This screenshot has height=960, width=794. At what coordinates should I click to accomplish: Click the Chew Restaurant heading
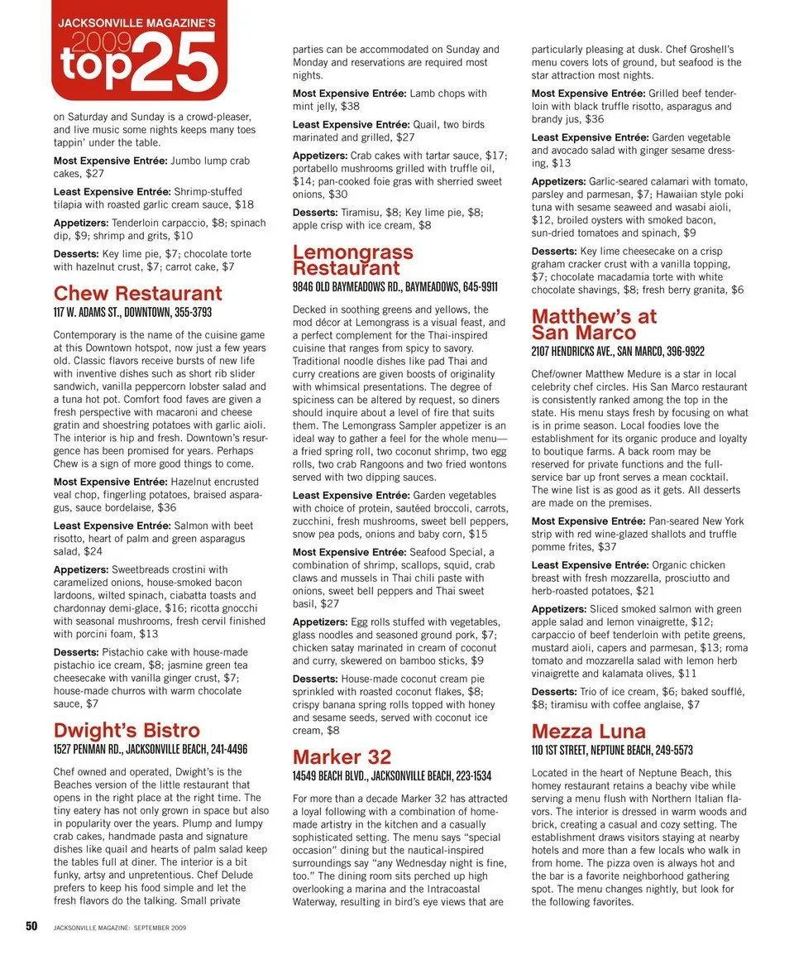click(x=137, y=294)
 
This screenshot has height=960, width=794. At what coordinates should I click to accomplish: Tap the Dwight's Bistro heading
click(x=127, y=731)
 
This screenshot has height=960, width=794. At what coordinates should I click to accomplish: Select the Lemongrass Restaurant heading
click(x=352, y=260)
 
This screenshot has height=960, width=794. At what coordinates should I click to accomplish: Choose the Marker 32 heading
click(x=342, y=757)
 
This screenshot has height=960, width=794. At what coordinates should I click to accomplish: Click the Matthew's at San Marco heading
click(x=594, y=324)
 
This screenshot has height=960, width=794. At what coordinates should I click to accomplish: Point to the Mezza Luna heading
click(x=588, y=732)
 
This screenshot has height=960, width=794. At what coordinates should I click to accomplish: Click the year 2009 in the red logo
click(x=98, y=42)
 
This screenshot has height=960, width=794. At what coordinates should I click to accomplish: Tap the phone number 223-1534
click(x=470, y=776)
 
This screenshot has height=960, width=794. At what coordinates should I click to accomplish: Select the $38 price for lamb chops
click(x=350, y=107)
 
